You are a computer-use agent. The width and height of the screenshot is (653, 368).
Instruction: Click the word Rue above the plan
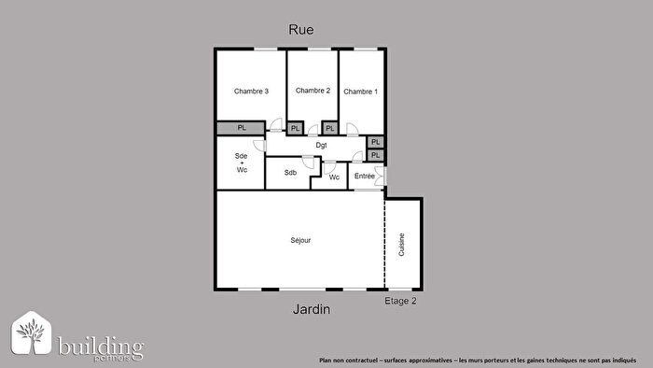(300, 29)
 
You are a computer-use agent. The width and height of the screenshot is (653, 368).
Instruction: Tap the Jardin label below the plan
(310, 309)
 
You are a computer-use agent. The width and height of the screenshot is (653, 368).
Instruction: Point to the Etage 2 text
(400, 301)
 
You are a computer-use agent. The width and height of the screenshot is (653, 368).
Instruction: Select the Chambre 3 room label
(251, 91)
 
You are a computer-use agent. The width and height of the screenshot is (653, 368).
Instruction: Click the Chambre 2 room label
(313, 91)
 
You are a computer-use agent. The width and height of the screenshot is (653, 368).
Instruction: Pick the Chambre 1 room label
(360, 92)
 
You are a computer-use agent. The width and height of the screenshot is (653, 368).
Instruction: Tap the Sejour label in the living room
(299, 240)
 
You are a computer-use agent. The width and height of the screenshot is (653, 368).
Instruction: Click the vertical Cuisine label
(402, 245)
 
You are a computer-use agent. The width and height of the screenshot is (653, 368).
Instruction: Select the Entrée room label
(364, 176)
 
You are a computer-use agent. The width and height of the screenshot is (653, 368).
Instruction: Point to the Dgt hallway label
(321, 145)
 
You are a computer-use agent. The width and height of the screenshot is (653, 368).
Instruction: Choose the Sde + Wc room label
(242, 163)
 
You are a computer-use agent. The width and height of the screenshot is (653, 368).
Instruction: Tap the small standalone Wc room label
(334, 177)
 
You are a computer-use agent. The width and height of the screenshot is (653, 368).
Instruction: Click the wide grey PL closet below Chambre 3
(241, 128)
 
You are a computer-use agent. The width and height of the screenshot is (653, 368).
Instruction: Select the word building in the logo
(100, 347)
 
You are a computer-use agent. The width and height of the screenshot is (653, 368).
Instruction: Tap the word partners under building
(118, 359)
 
